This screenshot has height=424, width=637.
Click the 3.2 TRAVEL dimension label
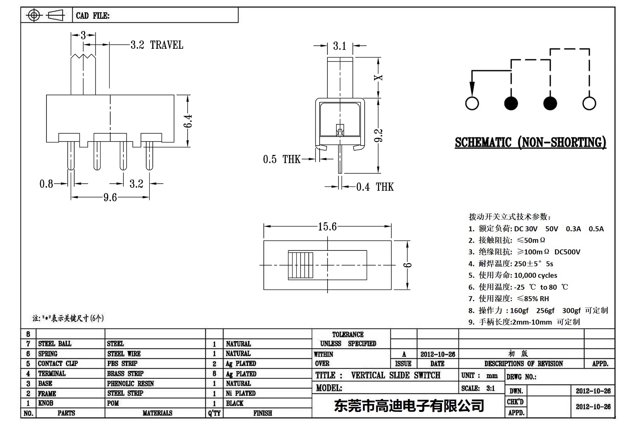point(157,45)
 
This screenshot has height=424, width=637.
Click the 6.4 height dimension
point(188,121)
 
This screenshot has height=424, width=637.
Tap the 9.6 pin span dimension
point(110,198)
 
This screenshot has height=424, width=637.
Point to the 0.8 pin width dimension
point(47,184)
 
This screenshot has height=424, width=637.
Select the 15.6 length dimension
point(327,227)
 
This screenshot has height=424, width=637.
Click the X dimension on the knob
point(378,77)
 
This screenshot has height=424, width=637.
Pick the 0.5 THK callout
point(281,159)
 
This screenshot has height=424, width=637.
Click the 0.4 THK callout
point(375,187)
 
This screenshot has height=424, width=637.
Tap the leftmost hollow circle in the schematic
point(472,103)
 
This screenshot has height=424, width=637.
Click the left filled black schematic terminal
point(511,103)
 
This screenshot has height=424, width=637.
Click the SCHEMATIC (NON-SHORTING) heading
point(530,142)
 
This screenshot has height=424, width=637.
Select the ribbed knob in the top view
point(301,265)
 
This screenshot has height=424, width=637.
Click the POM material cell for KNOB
point(113,403)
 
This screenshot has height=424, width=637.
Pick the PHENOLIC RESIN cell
point(131,383)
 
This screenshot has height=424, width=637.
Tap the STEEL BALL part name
point(55,344)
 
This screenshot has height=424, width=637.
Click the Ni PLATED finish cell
point(241,393)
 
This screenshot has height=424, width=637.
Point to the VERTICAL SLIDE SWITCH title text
point(395,375)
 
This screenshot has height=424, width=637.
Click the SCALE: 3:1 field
point(478,388)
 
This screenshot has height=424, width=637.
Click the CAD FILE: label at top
point(93,16)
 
